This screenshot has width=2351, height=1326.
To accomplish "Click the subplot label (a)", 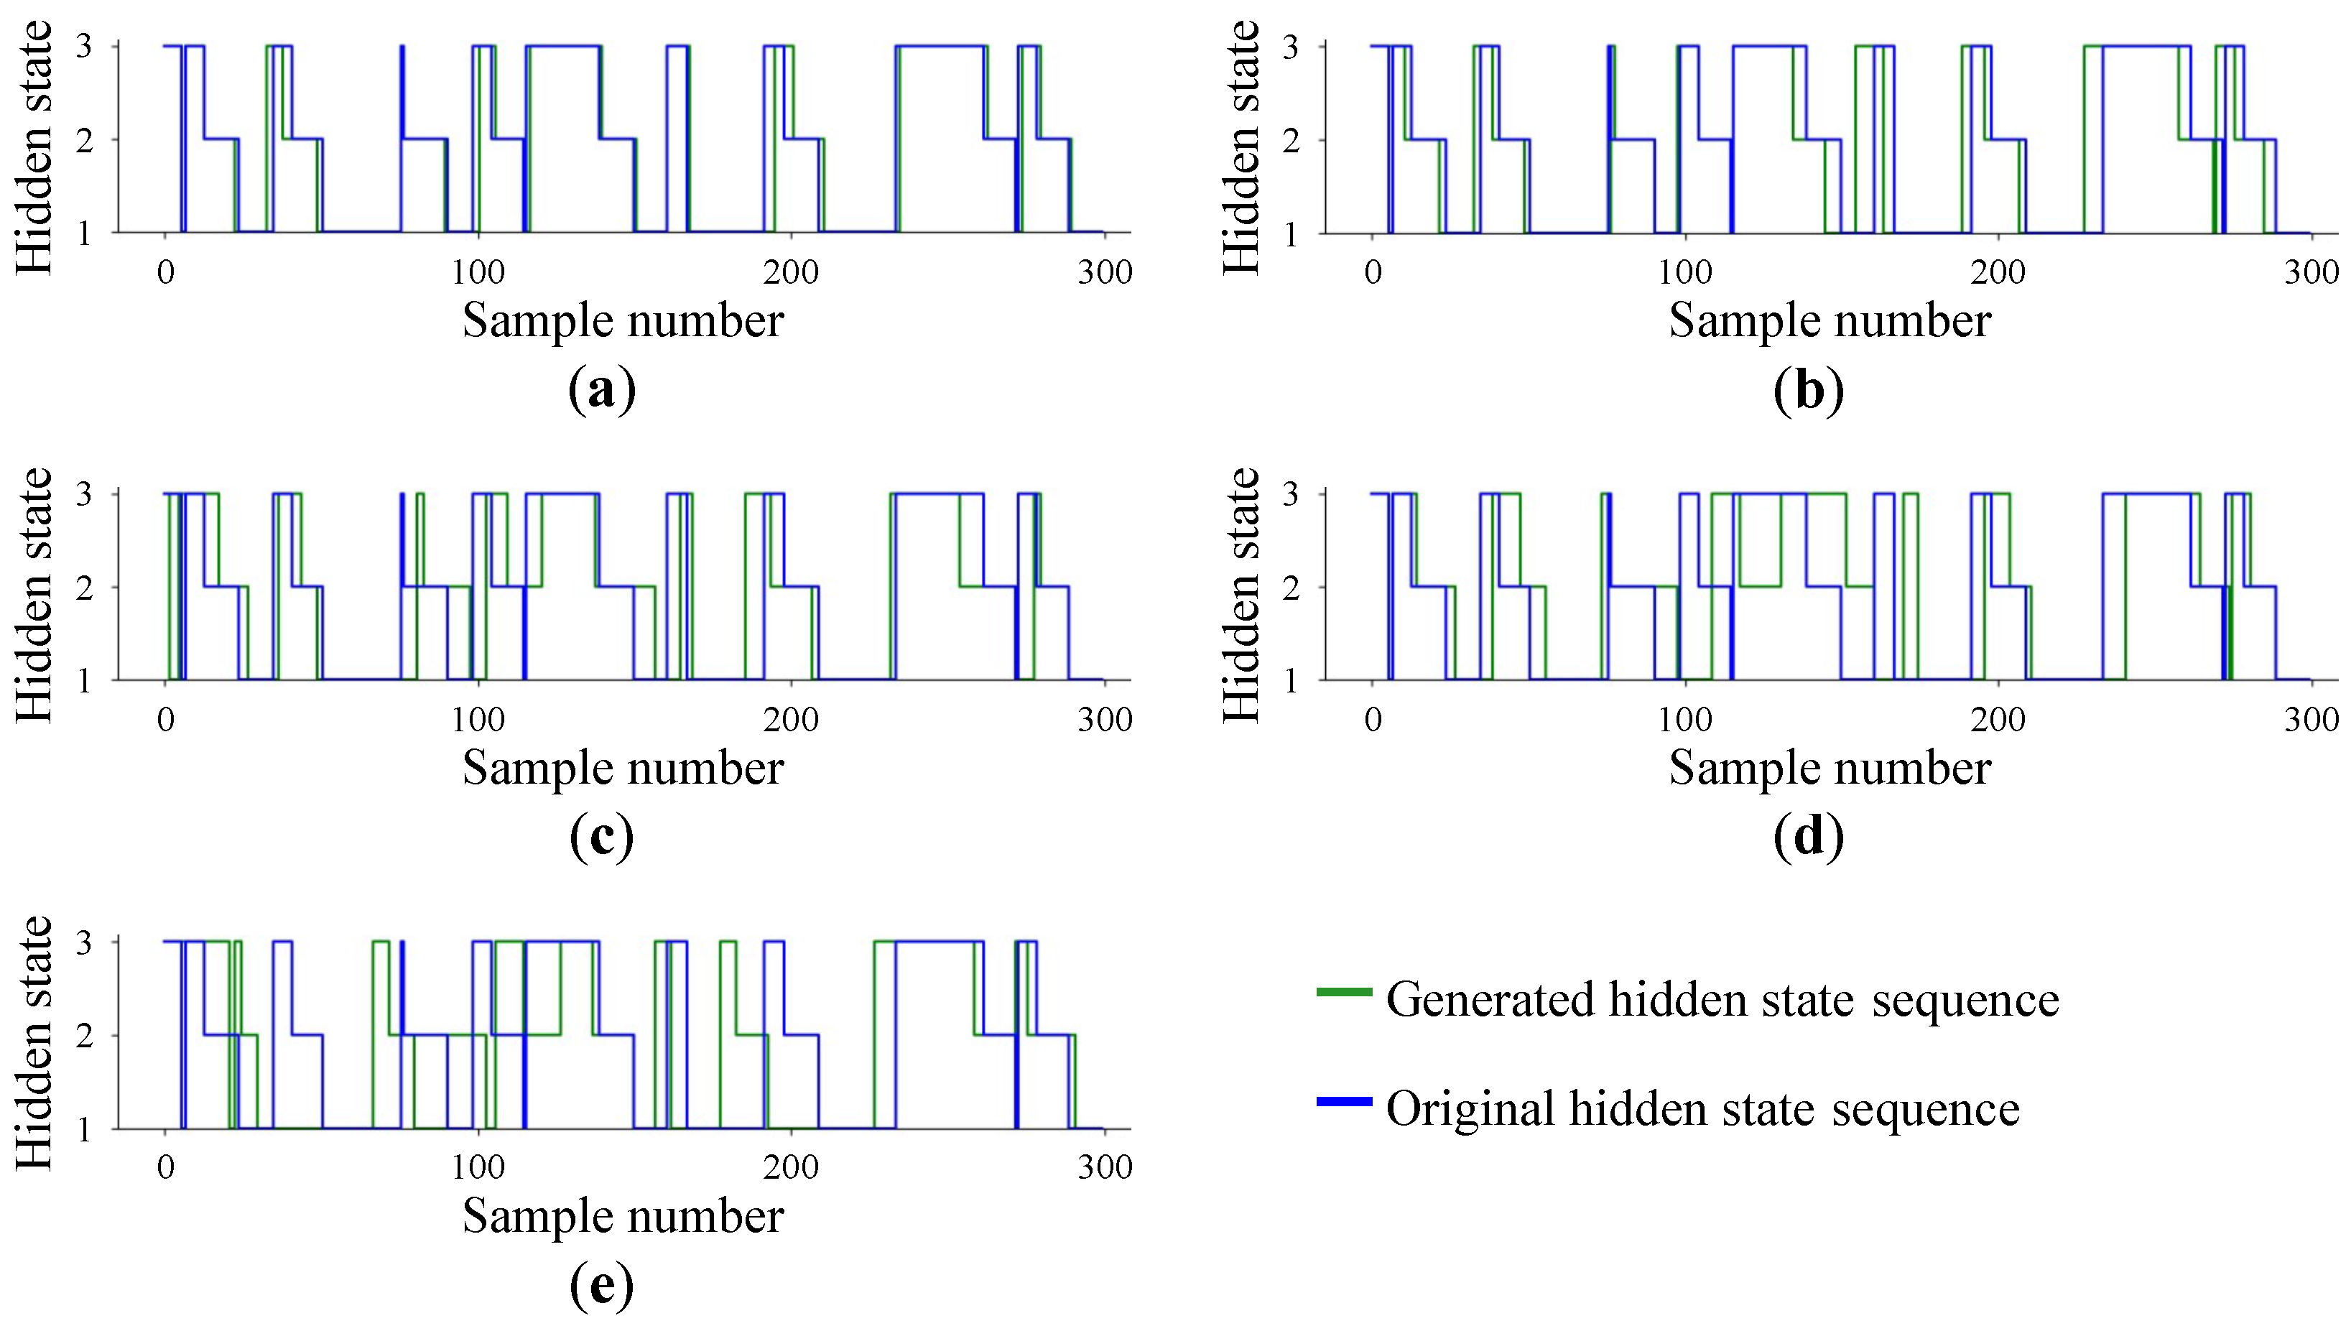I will tap(601, 391).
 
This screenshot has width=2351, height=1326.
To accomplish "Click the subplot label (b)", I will tap(1808, 391).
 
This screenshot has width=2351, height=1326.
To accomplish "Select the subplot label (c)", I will tap(601, 837).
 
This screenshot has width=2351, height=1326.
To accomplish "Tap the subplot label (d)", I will tap(1808, 837).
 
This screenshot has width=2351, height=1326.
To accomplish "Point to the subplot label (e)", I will tap(601, 1285).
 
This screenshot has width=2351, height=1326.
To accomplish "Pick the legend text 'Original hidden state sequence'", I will tap(1702, 1110).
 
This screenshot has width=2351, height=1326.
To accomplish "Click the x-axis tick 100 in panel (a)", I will tap(478, 272).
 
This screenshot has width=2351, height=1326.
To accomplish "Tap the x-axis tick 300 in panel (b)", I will tap(2310, 272).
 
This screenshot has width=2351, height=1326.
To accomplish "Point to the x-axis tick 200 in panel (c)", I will tap(790, 720).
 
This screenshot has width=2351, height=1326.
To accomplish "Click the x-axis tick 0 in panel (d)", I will tap(1373, 720).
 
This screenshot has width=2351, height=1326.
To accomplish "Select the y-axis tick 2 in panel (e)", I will tap(84, 1036).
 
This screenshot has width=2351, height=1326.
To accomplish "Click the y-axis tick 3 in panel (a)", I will tap(84, 46).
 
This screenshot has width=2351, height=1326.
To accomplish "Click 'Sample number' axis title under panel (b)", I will tap(1830, 321).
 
